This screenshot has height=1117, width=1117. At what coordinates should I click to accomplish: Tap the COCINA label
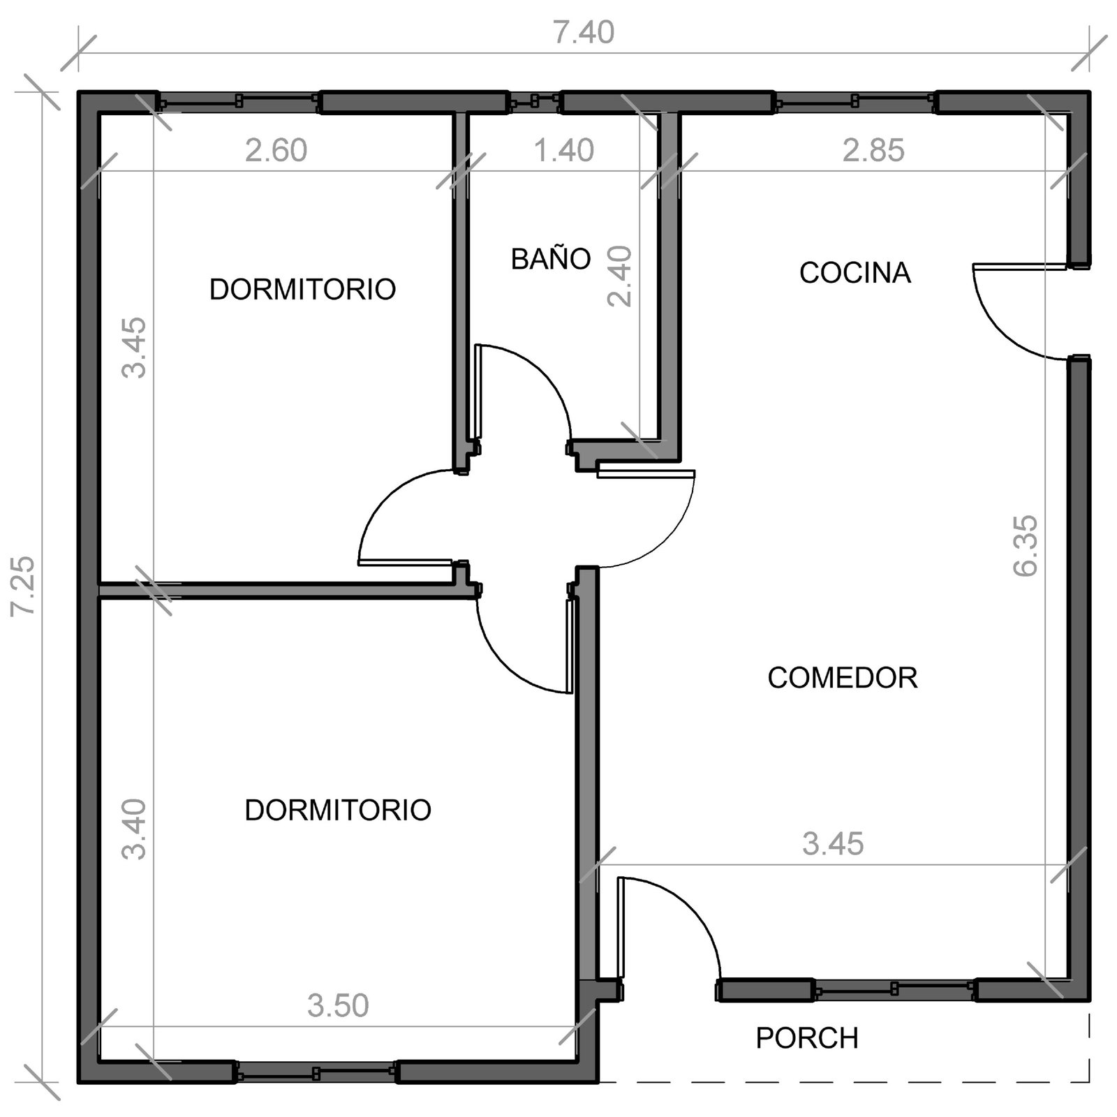pyautogui.click(x=855, y=273)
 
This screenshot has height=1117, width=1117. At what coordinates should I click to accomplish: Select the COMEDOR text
pyautogui.click(x=842, y=678)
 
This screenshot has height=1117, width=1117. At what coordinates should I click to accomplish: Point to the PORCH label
pyautogui.click(x=807, y=1038)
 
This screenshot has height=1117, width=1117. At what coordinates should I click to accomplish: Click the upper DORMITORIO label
pyautogui.click(x=302, y=289)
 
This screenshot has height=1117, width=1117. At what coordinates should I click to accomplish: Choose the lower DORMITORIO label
pyautogui.click(x=338, y=810)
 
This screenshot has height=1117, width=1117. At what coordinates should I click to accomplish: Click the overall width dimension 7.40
pyautogui.click(x=584, y=33)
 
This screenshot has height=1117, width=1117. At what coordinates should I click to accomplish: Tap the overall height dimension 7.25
pyautogui.click(x=23, y=586)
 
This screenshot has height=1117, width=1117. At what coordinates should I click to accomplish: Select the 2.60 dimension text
pyautogui.click(x=276, y=151)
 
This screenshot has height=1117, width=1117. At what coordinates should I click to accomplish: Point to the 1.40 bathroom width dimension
pyautogui.click(x=564, y=151)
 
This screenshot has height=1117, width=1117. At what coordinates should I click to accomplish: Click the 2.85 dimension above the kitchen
pyautogui.click(x=873, y=151)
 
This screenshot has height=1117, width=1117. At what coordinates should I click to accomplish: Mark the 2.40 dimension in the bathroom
pyautogui.click(x=619, y=276)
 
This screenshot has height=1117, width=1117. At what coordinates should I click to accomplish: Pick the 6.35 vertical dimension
pyautogui.click(x=1026, y=546)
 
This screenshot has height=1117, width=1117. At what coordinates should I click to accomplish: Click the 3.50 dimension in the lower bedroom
pyautogui.click(x=338, y=1006)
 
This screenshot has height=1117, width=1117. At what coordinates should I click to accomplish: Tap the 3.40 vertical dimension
pyautogui.click(x=133, y=829)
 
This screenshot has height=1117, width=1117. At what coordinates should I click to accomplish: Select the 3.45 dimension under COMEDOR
pyautogui.click(x=833, y=844)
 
